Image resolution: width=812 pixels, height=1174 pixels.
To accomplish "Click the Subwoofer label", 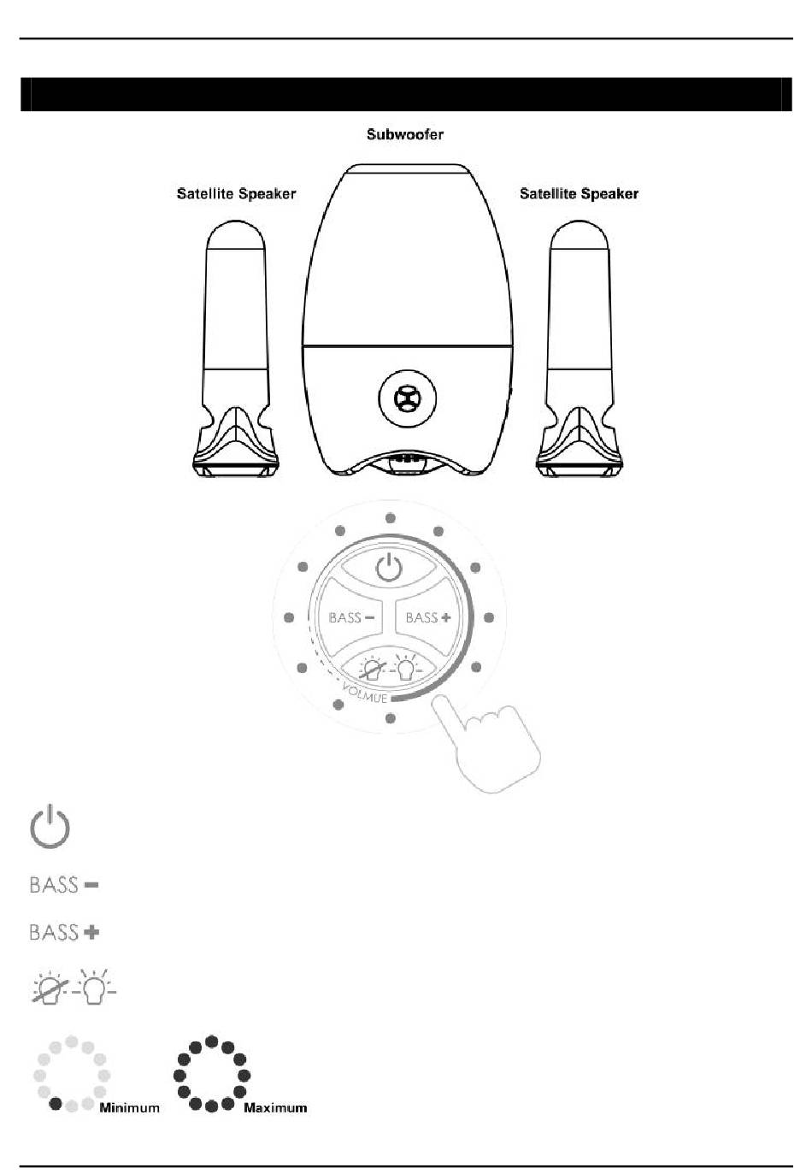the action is tap(405, 135).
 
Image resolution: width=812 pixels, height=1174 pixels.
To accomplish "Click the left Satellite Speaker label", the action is tap(236, 194).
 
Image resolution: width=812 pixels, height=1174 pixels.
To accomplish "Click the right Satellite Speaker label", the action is tap(579, 194).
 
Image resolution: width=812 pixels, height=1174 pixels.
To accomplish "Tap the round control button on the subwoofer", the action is tap(407, 398).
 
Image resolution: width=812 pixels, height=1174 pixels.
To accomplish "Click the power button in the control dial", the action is tap(389, 567).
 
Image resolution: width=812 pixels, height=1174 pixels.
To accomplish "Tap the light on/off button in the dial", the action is tap(390, 669).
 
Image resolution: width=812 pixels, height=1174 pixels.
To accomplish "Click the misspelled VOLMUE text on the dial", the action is tap(365, 693).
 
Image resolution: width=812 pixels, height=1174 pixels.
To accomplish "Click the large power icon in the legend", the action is tap(50, 827).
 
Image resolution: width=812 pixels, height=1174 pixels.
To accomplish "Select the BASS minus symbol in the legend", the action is tap(64, 885).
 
